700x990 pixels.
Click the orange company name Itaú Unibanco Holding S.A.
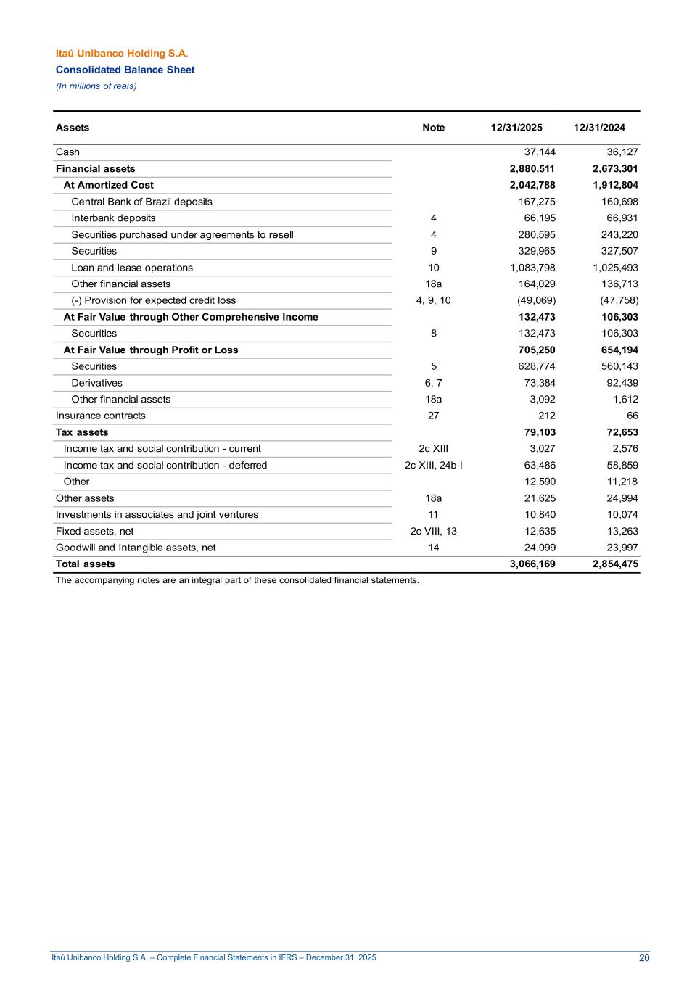pyautogui.click(x=122, y=54)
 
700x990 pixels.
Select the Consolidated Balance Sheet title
pyautogui.click(x=125, y=70)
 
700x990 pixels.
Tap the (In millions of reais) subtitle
pyautogui.click(x=96, y=86)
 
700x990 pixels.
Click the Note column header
pyautogui.click(x=433, y=128)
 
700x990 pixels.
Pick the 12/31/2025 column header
pyautogui.click(x=516, y=128)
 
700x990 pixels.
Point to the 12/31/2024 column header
pyautogui.click(x=599, y=128)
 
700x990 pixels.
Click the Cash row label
pyautogui.click(x=67, y=152)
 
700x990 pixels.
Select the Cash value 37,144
pyautogui.click(x=540, y=152)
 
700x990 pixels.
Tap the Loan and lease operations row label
pyautogui.click(x=132, y=268)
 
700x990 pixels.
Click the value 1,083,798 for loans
pyautogui.click(x=532, y=268)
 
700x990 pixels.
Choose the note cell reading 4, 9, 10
pyautogui.click(x=433, y=300)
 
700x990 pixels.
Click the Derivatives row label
pyautogui.click(x=96, y=383)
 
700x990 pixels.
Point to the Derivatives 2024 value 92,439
pyautogui.click(x=622, y=383)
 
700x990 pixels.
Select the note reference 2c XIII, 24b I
pyautogui.click(x=433, y=466)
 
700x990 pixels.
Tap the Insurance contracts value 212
pyautogui.click(x=547, y=416)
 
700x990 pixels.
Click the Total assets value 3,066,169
pyautogui.click(x=532, y=564)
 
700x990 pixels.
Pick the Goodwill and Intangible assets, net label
pyautogui.click(x=136, y=548)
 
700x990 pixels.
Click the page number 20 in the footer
pyautogui.click(x=644, y=958)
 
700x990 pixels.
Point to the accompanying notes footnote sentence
pyautogui.click(x=237, y=580)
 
